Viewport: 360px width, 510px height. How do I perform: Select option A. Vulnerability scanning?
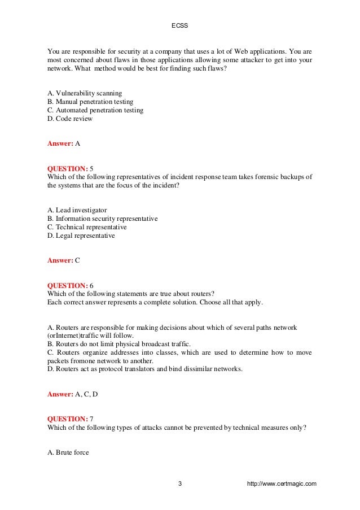[85, 93]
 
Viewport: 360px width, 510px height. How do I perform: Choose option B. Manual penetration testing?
[90, 102]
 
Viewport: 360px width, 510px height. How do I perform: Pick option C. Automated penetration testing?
[95, 110]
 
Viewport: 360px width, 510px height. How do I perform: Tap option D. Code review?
[70, 119]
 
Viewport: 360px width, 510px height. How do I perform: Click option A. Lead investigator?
[77, 210]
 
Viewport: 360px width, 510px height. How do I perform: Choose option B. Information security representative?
[103, 219]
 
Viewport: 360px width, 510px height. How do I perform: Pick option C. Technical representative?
[87, 227]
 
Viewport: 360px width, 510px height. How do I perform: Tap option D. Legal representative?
[81, 236]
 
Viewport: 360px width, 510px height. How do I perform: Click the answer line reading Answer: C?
[64, 260]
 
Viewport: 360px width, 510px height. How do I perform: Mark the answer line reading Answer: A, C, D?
[72, 394]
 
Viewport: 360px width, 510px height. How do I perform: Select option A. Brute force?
[68, 452]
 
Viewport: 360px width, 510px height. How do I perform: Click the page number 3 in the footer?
[180, 484]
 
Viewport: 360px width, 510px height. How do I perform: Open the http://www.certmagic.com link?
[282, 484]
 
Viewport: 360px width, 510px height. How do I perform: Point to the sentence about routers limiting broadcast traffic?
[119, 344]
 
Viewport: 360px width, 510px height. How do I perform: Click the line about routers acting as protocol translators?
[145, 369]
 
